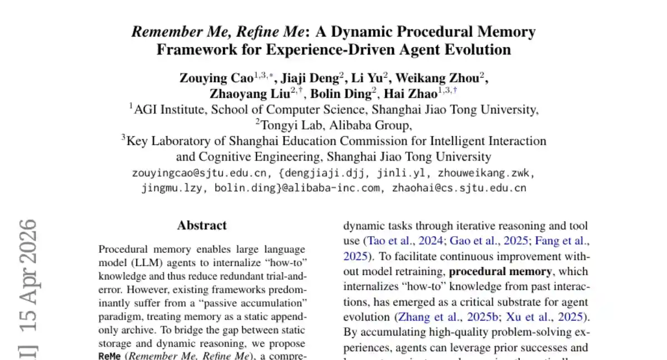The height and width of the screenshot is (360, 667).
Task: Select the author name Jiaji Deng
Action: coord(311,78)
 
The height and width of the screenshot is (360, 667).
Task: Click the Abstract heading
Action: coord(202,226)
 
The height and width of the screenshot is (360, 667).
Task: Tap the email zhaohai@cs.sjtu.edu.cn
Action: coord(459,188)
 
